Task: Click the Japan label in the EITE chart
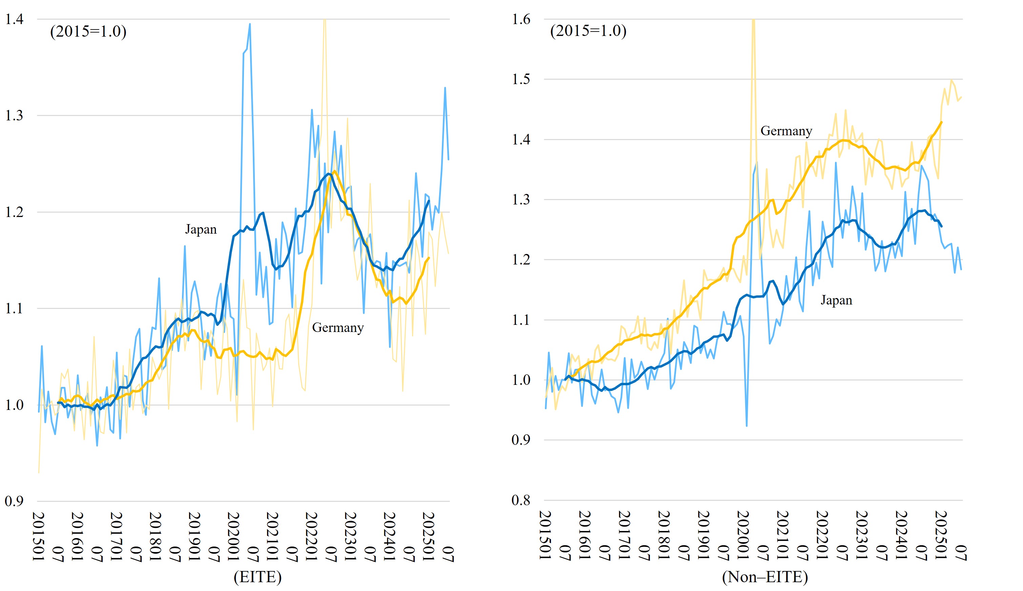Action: [x=201, y=229]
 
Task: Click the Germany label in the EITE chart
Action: [x=337, y=328]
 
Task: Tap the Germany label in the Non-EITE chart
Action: [x=786, y=131]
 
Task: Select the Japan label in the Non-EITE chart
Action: [x=836, y=300]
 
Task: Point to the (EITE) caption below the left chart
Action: [x=257, y=577]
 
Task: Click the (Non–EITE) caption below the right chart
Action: [x=764, y=577]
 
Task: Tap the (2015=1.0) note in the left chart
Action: [x=88, y=31]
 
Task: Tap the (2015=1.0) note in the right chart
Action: [x=588, y=31]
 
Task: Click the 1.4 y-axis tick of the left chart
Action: [x=14, y=19]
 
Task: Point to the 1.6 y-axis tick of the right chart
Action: [x=521, y=19]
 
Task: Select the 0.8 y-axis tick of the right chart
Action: [x=521, y=500]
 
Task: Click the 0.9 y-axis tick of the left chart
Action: [x=14, y=501]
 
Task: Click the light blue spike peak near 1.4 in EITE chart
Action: [x=249, y=24]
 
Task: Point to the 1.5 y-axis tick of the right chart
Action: [x=521, y=79]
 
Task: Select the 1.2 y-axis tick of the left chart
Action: [x=14, y=212]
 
